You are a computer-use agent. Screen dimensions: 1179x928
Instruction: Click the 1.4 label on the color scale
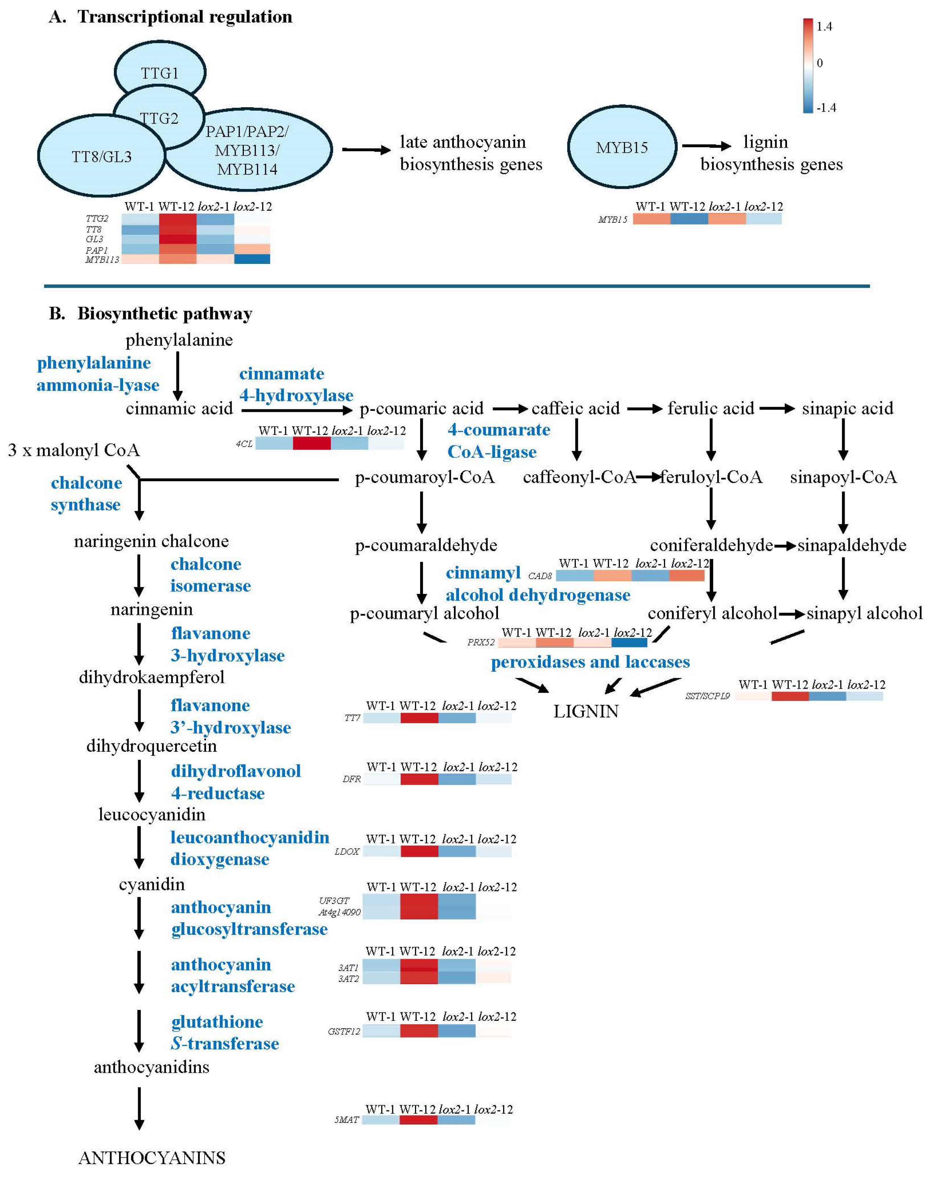coord(824,26)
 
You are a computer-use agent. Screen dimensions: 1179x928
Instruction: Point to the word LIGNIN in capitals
coord(586,711)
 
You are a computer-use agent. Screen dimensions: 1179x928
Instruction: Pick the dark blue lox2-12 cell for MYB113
coord(252,260)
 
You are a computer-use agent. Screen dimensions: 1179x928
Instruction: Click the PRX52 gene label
coord(481,642)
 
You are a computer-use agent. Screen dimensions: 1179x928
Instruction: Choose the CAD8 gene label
coord(540,576)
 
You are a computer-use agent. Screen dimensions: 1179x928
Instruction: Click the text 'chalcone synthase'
coord(86,494)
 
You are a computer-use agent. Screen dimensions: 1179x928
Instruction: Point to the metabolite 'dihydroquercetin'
coord(152,746)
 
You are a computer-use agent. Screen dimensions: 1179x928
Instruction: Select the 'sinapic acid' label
coord(847,409)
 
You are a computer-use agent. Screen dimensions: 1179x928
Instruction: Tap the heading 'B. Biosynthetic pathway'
coord(151,314)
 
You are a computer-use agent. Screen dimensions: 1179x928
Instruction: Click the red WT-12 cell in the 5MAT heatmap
coord(418,1120)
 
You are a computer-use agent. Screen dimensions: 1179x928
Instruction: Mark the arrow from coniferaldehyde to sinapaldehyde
coord(785,545)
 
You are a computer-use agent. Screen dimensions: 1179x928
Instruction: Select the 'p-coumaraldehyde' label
coord(426,545)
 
